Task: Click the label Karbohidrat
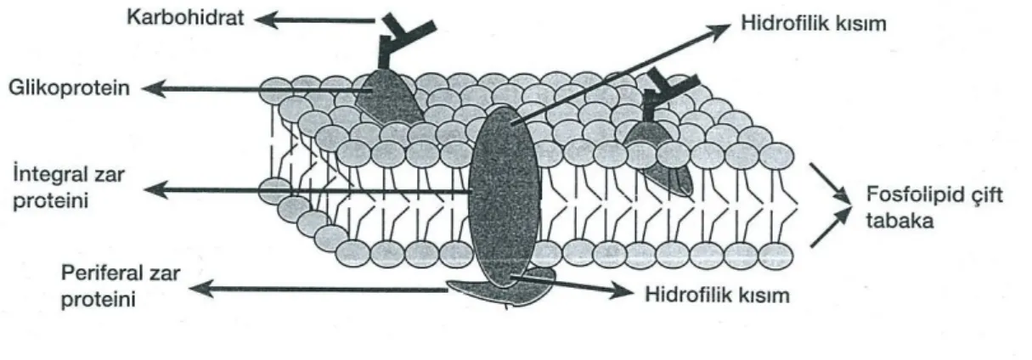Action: tap(185, 18)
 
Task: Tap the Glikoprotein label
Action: tap(69, 88)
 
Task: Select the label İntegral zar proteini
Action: tap(69, 188)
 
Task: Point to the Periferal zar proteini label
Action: tap(121, 286)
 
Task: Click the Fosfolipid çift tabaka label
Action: tap(934, 208)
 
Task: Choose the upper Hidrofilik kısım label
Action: tap(814, 24)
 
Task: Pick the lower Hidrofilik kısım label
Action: tap(717, 295)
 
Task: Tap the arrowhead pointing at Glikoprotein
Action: tap(155, 88)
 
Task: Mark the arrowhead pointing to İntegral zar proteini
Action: tap(157, 189)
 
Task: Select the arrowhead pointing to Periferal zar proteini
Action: tap(202, 289)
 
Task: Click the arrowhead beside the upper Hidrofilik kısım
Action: tap(719, 31)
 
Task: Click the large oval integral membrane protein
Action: tap(504, 195)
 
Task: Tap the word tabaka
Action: tap(899, 221)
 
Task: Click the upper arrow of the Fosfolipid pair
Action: tap(830, 183)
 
